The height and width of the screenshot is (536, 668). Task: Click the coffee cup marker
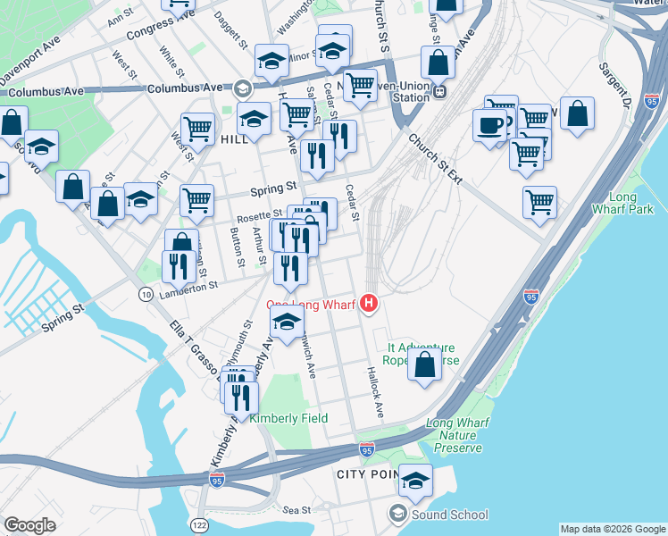tap(489, 125)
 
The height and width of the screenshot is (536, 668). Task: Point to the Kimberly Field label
tap(288, 418)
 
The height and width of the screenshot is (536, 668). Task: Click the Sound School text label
tap(449, 515)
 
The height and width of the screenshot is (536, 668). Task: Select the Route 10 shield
tap(145, 294)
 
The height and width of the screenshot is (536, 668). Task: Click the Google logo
tap(29, 525)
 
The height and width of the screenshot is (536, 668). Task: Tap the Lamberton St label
tap(189, 286)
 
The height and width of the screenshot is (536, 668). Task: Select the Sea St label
tap(296, 510)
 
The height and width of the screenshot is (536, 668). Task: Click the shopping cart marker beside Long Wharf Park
tap(539, 202)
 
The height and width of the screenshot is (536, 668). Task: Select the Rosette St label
tap(259, 217)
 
